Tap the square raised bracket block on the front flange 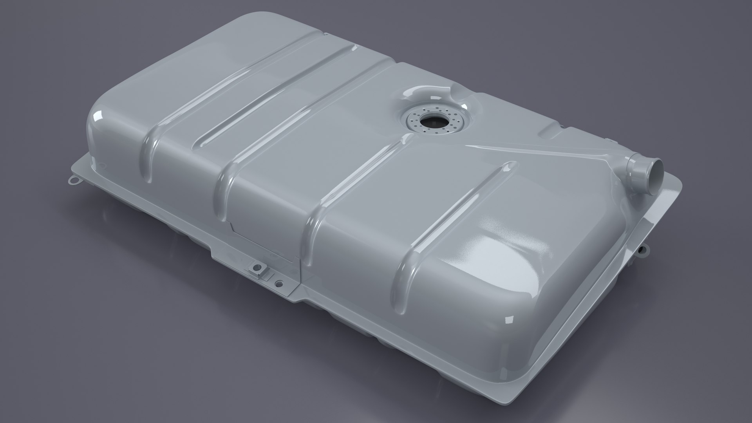tap(258, 270)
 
